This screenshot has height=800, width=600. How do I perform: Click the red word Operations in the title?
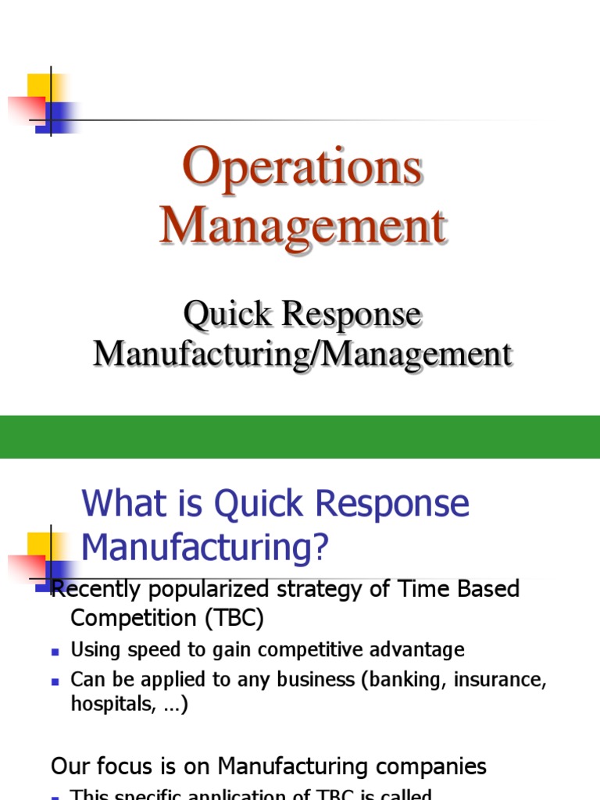[x=303, y=168]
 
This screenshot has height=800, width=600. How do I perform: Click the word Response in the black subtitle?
[x=352, y=315]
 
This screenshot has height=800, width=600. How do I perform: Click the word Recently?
[x=92, y=588]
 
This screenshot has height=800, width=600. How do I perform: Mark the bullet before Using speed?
[x=55, y=651]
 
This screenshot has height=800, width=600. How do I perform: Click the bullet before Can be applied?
[x=55, y=680]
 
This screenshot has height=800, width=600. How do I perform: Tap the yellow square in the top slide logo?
[x=39, y=86]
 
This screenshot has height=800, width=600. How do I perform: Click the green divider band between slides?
[x=300, y=437]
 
